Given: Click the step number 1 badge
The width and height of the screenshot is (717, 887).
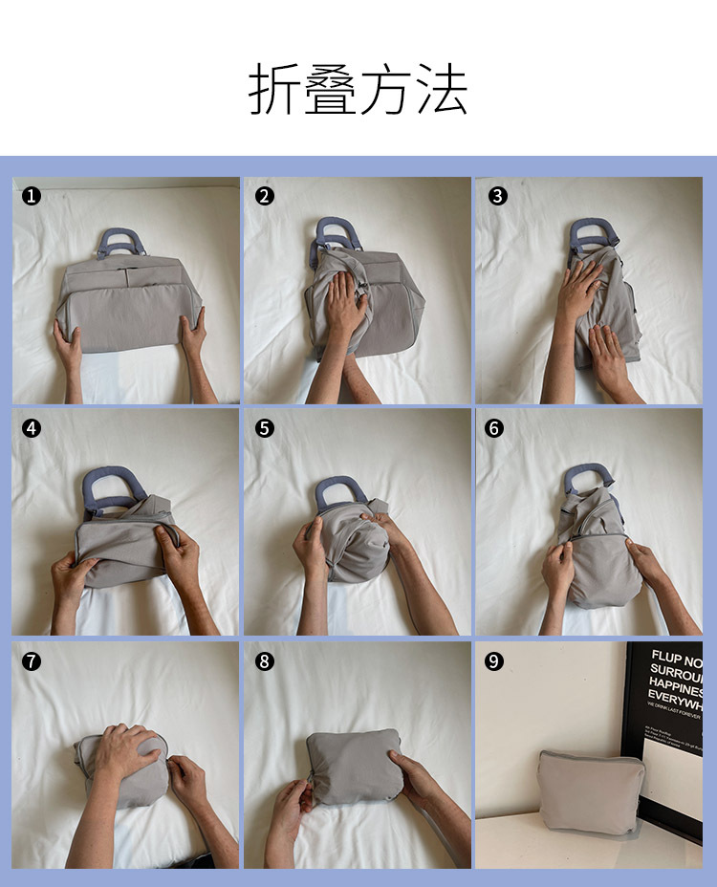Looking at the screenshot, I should click(32, 196).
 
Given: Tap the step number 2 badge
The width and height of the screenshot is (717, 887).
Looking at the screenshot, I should click(265, 196).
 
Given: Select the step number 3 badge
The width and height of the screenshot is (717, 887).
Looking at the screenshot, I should click(496, 196).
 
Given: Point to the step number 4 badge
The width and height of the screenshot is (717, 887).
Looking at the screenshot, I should click(32, 428).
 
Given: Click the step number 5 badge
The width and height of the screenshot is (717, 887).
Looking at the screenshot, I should click(265, 428).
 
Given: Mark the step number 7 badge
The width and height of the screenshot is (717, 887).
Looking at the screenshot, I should click(32, 660).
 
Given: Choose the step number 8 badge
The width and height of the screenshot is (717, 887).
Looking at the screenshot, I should click(265, 660).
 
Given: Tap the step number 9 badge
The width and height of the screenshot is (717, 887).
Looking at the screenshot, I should click(496, 660).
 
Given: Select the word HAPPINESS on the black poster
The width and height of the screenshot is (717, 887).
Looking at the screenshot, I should click(676, 689).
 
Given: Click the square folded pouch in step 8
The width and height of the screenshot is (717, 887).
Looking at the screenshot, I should click(355, 766).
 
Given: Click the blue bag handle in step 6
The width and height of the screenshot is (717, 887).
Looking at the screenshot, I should click(588, 474).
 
